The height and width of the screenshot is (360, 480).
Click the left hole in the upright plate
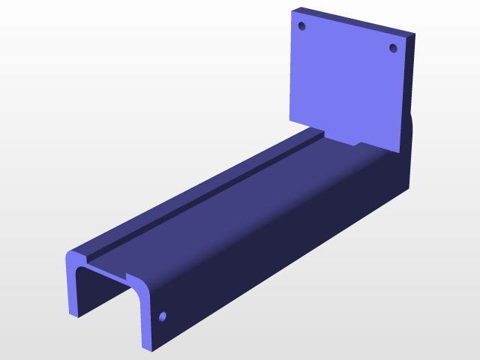(302, 26)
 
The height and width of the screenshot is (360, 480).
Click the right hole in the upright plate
(392, 48)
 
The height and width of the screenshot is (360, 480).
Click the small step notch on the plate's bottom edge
(358, 141)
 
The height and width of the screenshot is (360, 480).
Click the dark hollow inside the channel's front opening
(105, 292)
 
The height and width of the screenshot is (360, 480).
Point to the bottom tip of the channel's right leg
(147, 347)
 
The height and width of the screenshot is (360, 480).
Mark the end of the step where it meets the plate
(321, 133)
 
